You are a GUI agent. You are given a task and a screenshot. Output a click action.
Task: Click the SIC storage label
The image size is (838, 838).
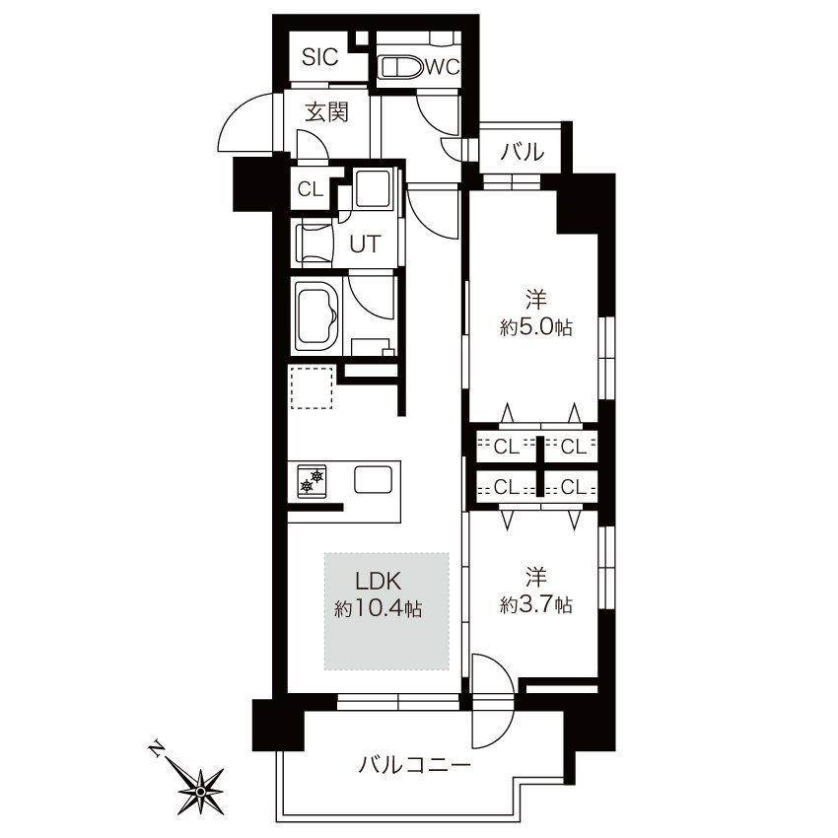coord(319,56)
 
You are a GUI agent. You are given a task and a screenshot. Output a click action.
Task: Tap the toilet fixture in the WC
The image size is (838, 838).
coord(401,68)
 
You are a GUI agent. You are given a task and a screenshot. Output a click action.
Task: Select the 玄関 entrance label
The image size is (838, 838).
coord(326,112)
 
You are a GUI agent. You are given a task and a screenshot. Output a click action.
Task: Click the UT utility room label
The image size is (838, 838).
coord(365,244)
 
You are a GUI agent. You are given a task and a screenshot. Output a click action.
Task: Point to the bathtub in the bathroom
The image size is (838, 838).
coord(317,315)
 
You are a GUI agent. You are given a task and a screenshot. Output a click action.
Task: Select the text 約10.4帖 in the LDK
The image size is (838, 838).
coord(379,608)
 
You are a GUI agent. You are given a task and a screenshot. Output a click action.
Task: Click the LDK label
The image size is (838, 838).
coord(379,581)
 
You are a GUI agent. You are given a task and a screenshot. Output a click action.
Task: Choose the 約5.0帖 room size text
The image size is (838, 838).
coord(536,327)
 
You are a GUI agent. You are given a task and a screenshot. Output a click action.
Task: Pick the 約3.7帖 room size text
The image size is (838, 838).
coord(536,604)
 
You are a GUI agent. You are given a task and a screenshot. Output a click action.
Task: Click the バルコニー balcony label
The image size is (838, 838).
coord(415,766)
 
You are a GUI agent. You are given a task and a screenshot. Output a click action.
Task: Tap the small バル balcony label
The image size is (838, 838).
coord(523,152)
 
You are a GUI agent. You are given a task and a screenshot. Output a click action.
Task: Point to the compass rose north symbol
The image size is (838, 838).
coord(200,791)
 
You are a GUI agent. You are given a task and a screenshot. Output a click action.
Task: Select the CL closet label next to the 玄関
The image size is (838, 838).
coord(311,189)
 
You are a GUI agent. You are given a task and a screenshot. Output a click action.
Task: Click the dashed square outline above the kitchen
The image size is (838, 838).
coord(313,387)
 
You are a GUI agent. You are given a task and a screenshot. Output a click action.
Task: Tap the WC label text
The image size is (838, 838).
coord(442,67)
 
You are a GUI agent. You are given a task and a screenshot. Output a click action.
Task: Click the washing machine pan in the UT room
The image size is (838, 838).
coord(374,188)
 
